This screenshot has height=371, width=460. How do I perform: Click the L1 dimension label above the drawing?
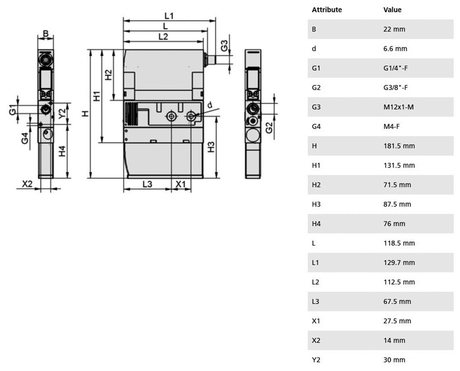[x=169, y=16]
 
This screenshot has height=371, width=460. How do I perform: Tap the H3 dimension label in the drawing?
[x=211, y=147]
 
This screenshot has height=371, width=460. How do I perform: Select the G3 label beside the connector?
[x=224, y=45]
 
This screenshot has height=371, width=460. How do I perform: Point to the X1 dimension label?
[x=181, y=184]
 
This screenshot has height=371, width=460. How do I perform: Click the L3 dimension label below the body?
[x=147, y=184]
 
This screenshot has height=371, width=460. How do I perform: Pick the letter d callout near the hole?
[x=210, y=105]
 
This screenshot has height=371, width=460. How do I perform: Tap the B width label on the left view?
[x=46, y=34]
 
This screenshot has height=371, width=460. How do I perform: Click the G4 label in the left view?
[x=25, y=139]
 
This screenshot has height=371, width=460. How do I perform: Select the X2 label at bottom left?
[x=27, y=184]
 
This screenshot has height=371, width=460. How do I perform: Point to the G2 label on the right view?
[x=269, y=128]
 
